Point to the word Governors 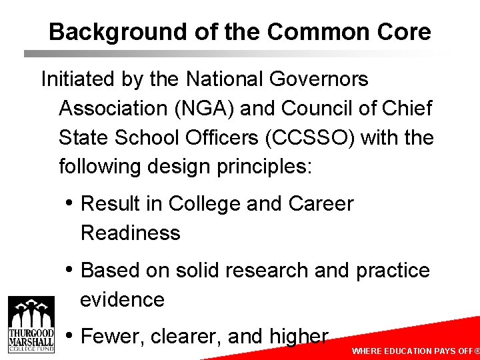tap(319, 79)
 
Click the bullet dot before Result tap(70, 203)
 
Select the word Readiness tap(131, 233)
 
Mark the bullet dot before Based tap(70, 269)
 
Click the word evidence tap(122, 299)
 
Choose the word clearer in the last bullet tap(186, 337)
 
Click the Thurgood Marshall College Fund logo tap(31, 326)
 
